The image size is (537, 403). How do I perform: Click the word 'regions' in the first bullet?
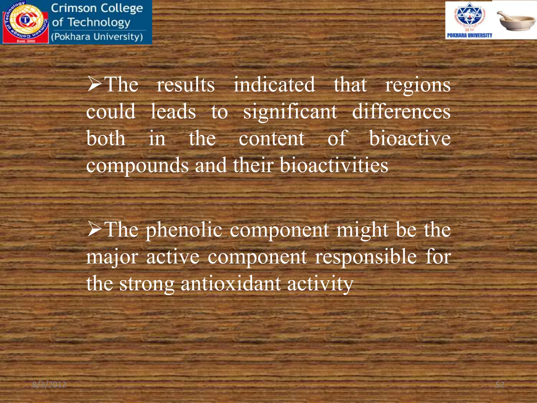coord(417,85)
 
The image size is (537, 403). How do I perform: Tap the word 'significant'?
coord(290,112)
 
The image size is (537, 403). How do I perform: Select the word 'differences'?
coord(401,112)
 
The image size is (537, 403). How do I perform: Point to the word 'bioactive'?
coord(410,139)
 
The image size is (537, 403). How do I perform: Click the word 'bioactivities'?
coord(334,165)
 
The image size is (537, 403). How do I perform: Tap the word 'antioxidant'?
coord(231,284)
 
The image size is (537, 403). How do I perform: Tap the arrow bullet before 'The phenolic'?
coord(94,229)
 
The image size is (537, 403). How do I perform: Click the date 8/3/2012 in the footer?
coord(49,385)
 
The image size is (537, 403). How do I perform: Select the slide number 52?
coord(500,385)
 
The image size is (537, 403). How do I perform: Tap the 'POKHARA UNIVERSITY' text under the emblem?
coord(469,35)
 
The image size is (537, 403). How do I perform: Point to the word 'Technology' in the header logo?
coord(99,23)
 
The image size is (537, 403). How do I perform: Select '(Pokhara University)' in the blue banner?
coord(97,37)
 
